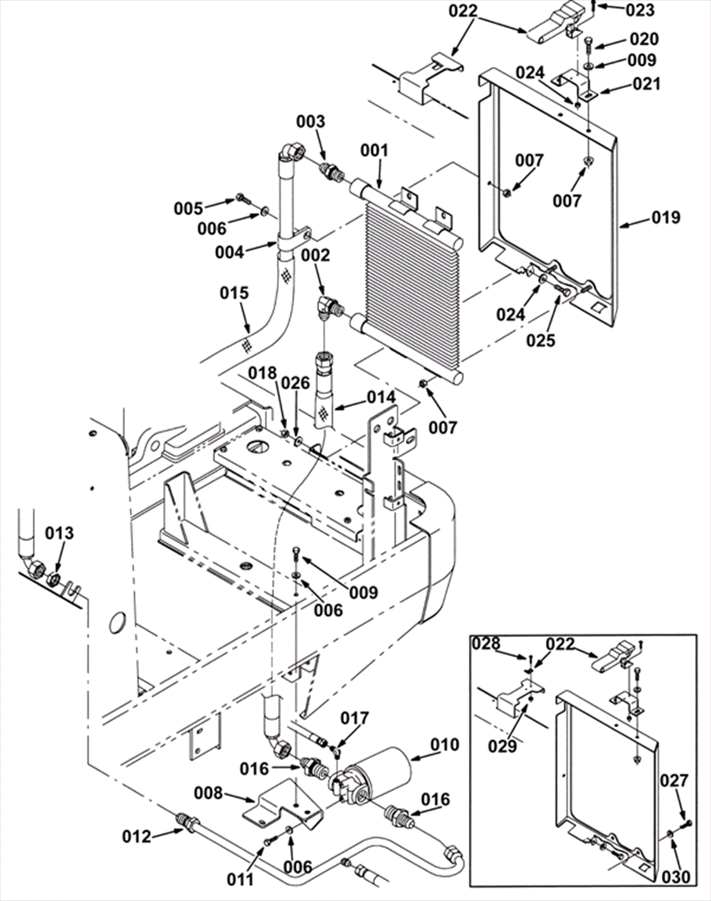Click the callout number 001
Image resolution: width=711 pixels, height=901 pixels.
[374, 151]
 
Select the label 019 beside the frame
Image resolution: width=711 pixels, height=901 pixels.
[666, 217]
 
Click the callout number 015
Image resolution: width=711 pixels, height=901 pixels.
[234, 293]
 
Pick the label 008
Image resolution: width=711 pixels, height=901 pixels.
[208, 793]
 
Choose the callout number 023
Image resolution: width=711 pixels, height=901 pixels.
[640, 10]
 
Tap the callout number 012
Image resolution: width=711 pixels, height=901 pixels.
[137, 837]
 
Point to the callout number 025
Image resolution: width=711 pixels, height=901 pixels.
[541, 340]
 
